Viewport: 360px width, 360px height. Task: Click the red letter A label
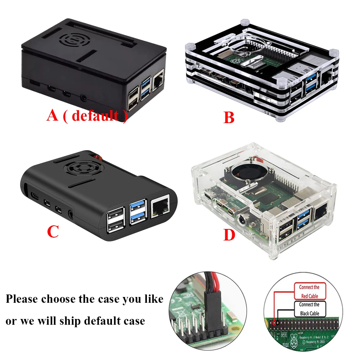tap(52, 116)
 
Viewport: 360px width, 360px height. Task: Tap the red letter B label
tap(229, 117)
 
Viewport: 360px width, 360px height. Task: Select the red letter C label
tap(53, 232)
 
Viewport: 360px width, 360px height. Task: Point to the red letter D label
tap(229, 235)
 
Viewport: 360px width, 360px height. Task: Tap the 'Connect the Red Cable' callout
tap(309, 291)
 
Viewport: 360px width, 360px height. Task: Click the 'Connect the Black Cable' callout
tap(309, 309)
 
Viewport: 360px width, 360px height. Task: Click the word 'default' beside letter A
tap(95, 116)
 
